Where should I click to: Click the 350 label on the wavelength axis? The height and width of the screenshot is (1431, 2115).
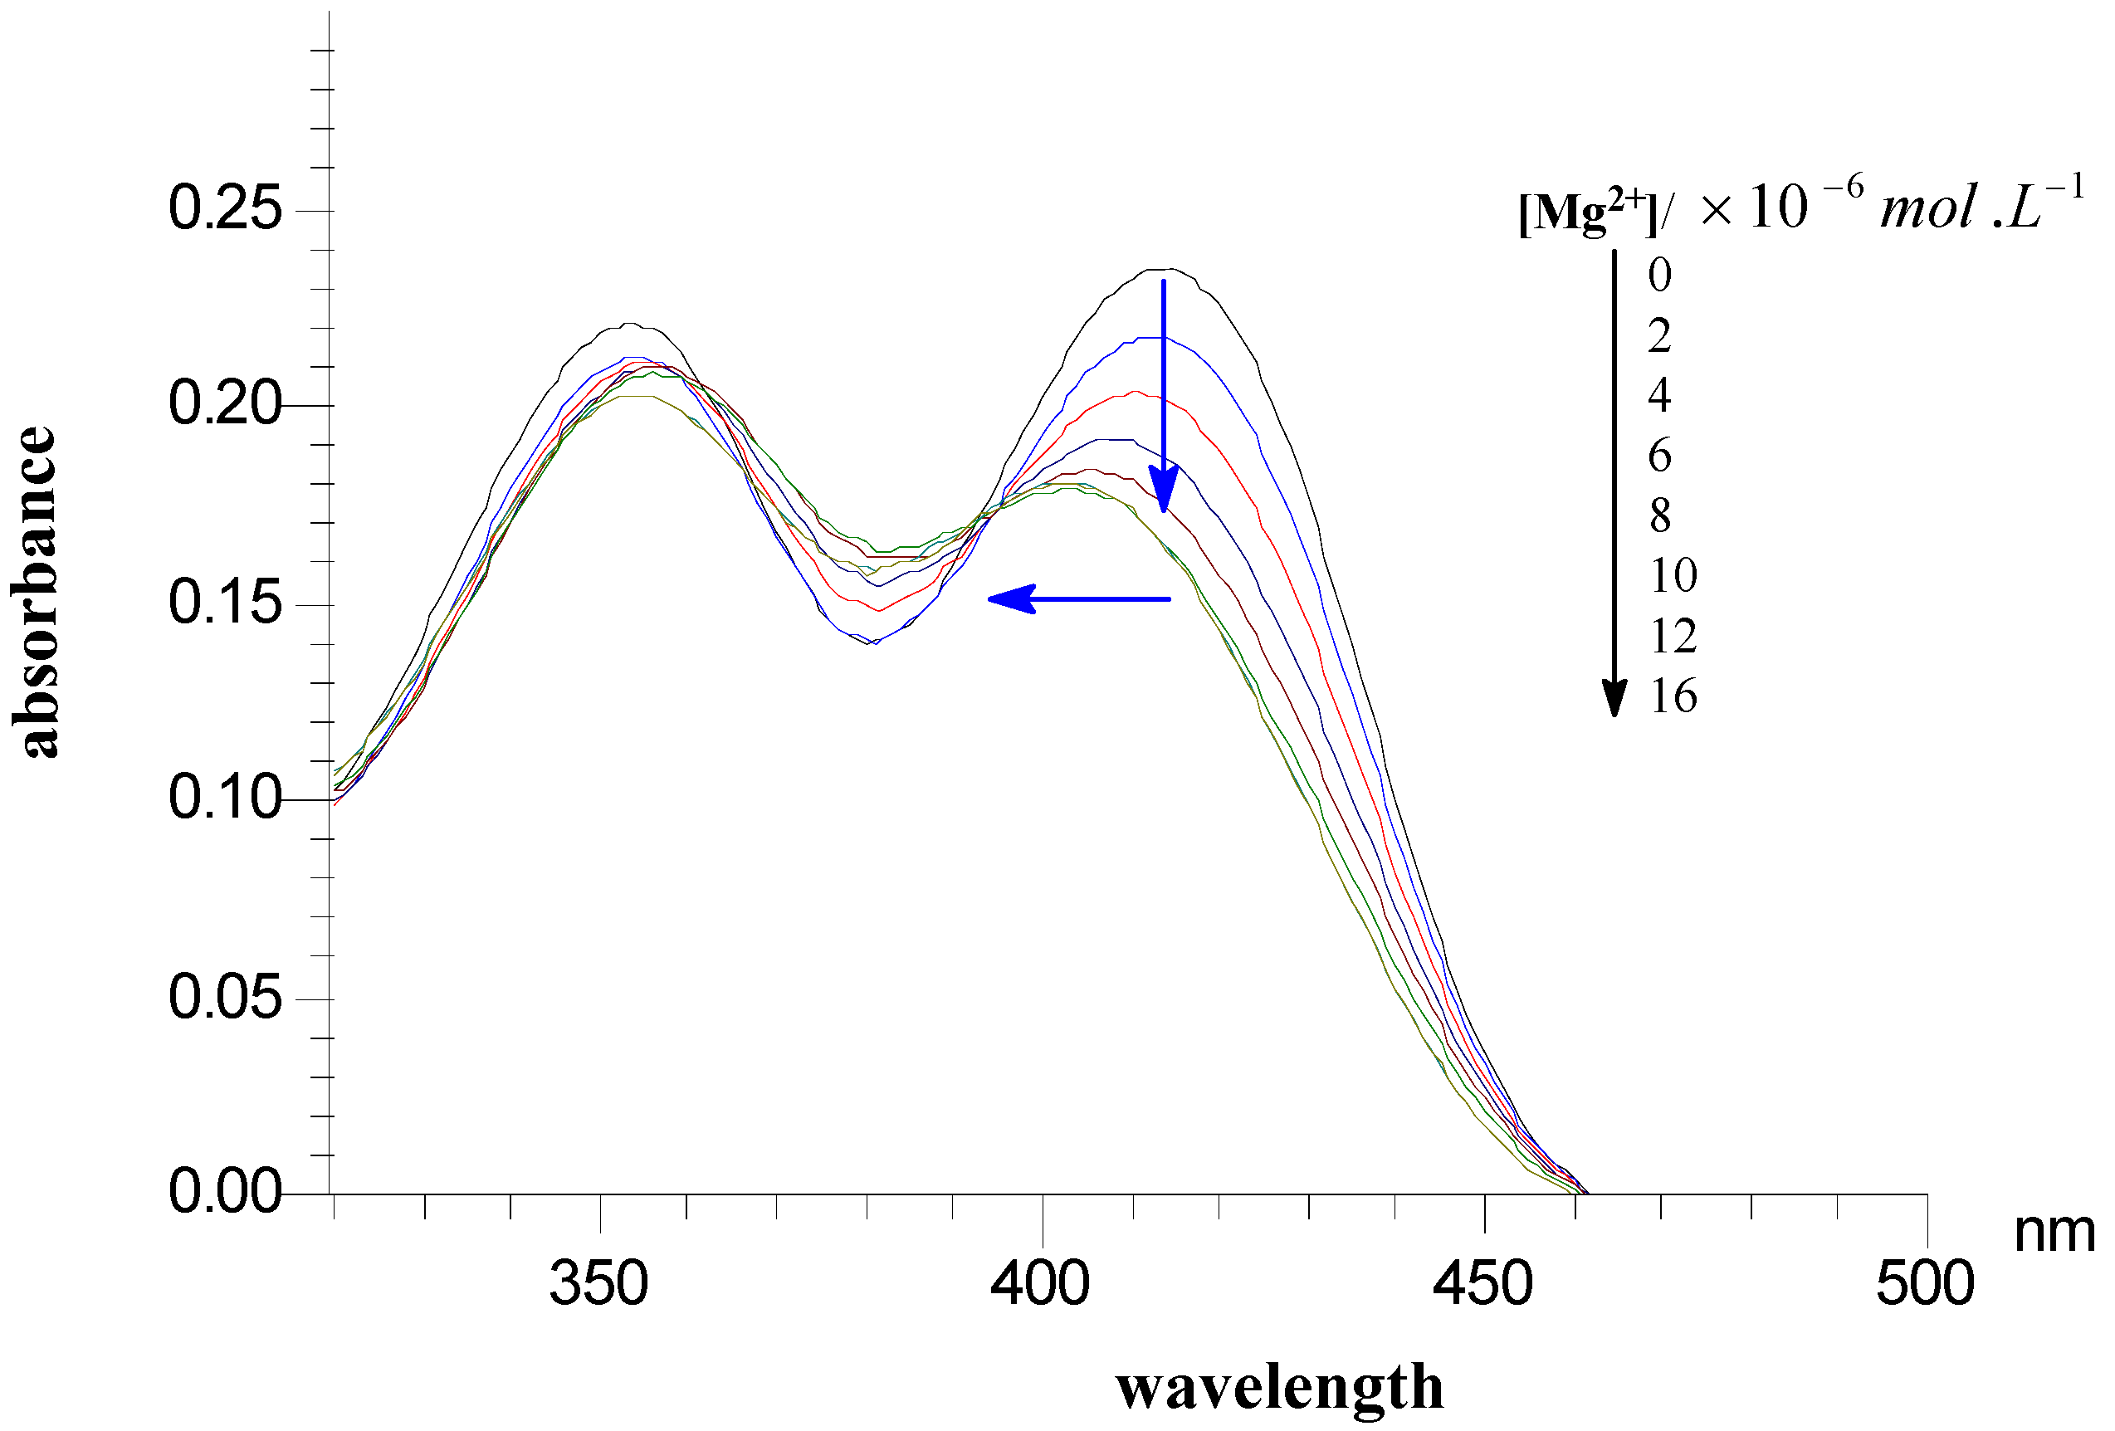coord(598,1284)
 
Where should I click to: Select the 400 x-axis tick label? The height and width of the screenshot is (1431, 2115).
coord(1040,1284)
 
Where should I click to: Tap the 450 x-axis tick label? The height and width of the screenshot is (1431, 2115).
coord(1483,1284)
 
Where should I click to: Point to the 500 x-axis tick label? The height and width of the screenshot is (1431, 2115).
coord(1926,1284)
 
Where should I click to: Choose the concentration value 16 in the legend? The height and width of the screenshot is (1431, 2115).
coord(1673,696)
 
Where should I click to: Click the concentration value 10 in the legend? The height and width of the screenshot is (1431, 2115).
coord(1673,575)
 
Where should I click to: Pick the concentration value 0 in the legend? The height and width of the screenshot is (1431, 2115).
coord(1660,275)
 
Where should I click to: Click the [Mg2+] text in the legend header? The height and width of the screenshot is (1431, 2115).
coord(1586,213)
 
